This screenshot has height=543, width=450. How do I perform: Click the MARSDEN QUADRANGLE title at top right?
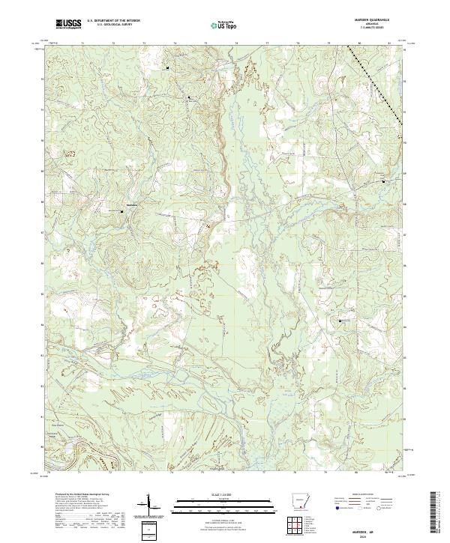[372, 19]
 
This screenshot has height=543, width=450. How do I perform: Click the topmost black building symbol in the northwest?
[167, 68]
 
